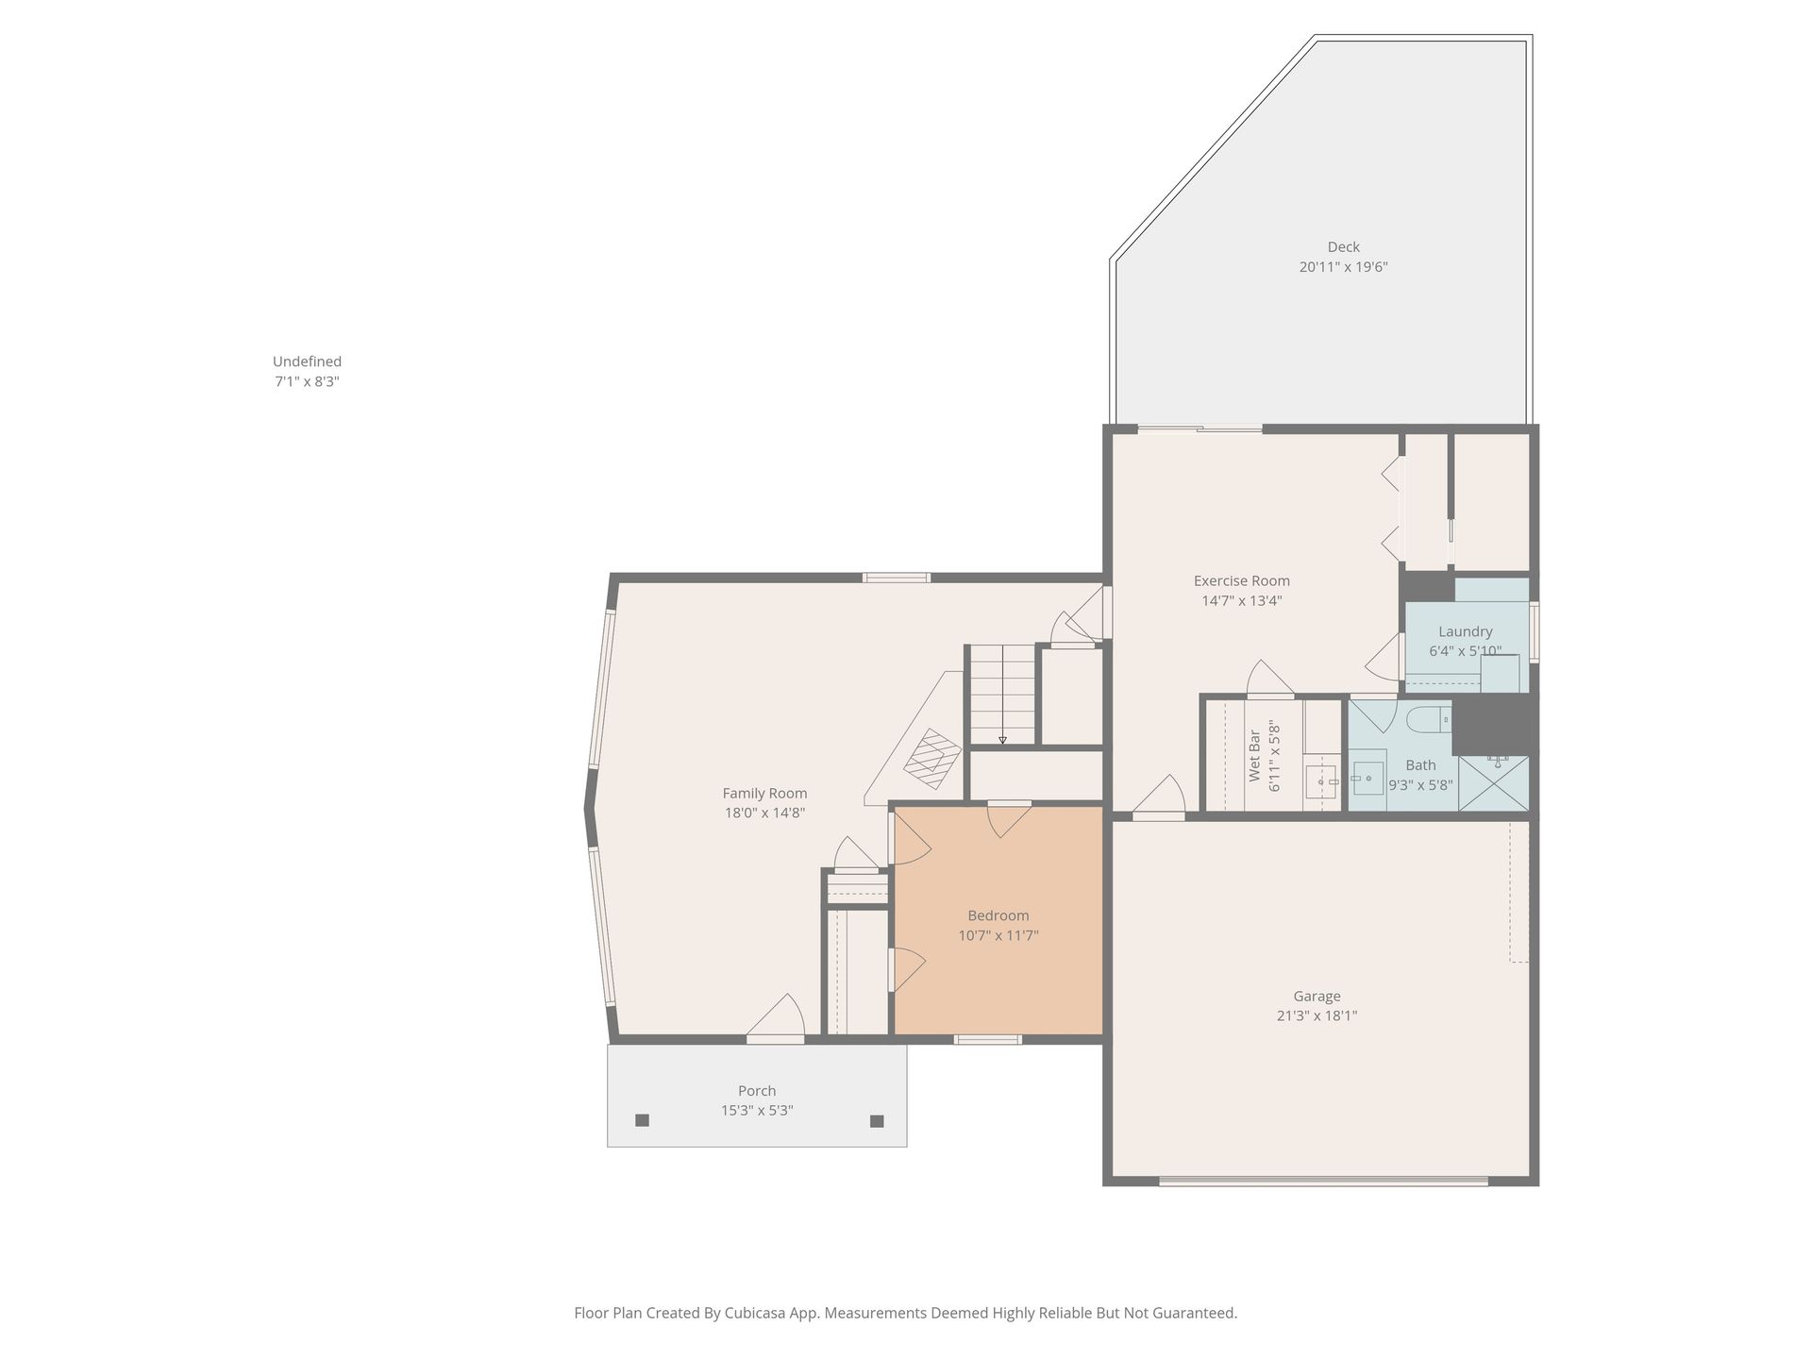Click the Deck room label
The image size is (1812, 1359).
coord(1343,247)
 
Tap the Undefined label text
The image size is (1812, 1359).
coord(307,361)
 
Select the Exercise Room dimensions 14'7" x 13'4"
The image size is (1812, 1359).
coord(1241,600)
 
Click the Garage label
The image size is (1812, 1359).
coord(1317,996)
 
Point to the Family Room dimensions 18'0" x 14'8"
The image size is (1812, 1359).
coord(764,813)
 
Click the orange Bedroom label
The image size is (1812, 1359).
coord(998,915)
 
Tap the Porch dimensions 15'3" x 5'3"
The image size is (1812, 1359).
coord(757,1111)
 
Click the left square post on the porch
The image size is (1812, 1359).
coord(642,1120)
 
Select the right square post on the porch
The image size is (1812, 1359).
coord(877,1121)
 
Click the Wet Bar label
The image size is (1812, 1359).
coord(1254,755)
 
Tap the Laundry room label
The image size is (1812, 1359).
coord(1465,631)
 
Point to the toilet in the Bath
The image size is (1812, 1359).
coord(1428,721)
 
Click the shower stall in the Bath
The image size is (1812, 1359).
coord(1493,783)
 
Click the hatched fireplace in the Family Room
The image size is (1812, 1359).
coord(932,758)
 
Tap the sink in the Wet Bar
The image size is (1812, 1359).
coord(1320,781)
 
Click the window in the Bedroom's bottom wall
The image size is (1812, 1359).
coord(987,1039)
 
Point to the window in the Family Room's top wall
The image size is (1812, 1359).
coord(896,578)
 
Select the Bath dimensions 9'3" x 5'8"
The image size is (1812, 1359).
coord(1420,784)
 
